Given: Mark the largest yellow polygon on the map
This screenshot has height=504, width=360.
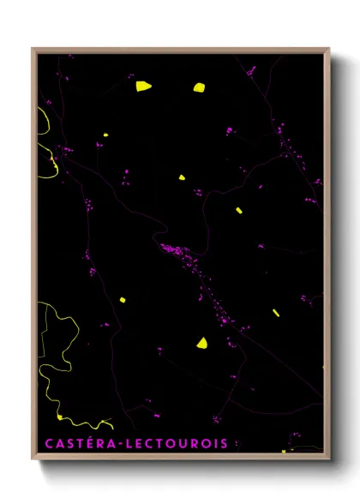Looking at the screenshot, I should point(142,86).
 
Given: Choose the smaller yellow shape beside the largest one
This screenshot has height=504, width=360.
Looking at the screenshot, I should point(199,87).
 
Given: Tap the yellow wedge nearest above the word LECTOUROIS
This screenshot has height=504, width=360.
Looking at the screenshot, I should point(201,343).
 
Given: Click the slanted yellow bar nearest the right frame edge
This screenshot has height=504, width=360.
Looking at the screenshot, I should point(276,313).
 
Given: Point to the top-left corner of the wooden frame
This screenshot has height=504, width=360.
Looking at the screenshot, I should point(33,49).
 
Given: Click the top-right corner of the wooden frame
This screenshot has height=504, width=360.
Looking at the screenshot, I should point(328,49).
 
